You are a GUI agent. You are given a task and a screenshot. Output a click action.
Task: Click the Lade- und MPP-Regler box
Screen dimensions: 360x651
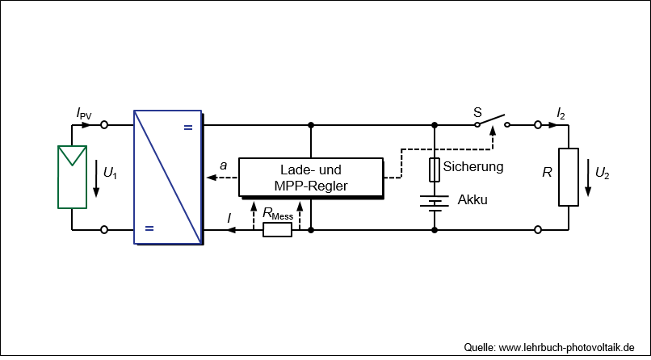click(311, 178)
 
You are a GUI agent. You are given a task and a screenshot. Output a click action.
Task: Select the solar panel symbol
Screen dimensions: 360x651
click(72, 177)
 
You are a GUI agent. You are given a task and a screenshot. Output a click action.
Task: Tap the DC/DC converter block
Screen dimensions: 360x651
click(168, 177)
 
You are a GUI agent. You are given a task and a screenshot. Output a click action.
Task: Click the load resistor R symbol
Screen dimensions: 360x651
click(569, 177)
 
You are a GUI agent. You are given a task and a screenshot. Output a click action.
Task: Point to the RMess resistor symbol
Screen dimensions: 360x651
click(277, 230)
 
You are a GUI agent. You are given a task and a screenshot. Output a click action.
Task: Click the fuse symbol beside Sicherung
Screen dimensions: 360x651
click(435, 170)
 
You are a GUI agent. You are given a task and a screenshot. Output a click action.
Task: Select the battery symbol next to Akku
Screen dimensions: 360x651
click(435, 203)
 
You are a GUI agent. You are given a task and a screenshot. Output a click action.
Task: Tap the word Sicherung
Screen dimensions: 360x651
click(474, 167)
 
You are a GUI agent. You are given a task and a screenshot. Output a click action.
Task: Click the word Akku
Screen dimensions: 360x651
click(472, 199)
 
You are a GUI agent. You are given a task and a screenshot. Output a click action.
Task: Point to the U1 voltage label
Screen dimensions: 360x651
click(111, 171)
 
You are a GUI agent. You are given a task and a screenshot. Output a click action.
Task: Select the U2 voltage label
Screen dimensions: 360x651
click(603, 172)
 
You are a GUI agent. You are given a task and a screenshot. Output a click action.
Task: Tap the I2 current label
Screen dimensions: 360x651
click(561, 114)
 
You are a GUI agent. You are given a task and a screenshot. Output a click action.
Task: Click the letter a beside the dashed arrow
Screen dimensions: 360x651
click(224, 165)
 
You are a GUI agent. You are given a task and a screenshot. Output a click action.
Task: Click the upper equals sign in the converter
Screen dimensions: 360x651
click(188, 127)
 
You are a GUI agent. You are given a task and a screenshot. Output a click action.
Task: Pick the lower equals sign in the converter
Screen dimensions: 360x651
click(149, 228)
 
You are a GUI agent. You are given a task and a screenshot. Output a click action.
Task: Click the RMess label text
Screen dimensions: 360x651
click(277, 214)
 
